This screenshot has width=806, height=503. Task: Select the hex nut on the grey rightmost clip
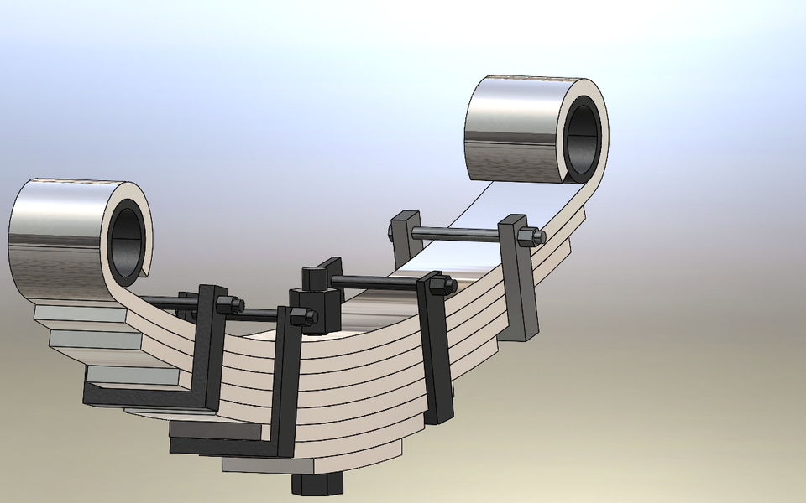529,237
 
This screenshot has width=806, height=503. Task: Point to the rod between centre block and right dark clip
378,282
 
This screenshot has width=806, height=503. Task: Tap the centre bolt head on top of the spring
312,277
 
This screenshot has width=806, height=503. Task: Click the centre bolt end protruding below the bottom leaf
317,484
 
